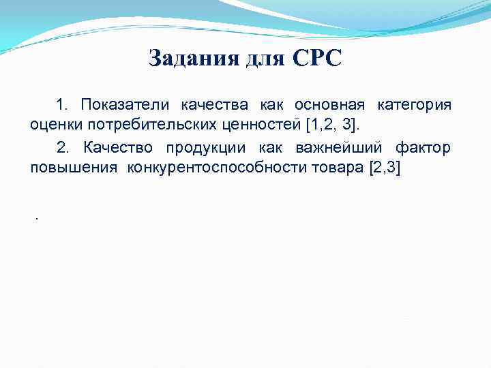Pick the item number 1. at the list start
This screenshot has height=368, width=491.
63,105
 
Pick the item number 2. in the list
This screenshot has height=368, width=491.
63,149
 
